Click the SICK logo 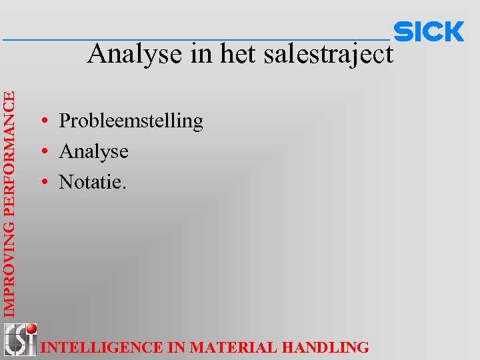[429, 31]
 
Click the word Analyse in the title [137, 54]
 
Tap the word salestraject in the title [329, 54]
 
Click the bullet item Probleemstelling [131, 121]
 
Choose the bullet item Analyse [93, 151]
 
